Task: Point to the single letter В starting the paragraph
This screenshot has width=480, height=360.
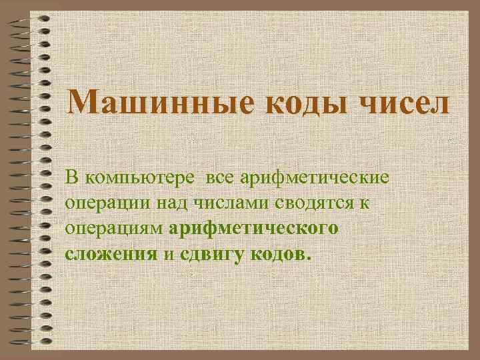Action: pyautogui.click(x=71, y=178)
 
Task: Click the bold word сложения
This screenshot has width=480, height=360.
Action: pyautogui.click(x=111, y=255)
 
